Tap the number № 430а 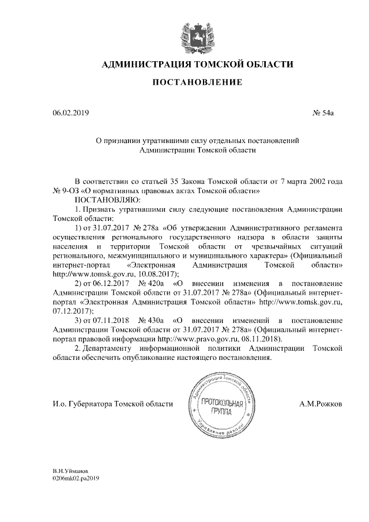[x=152, y=319]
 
